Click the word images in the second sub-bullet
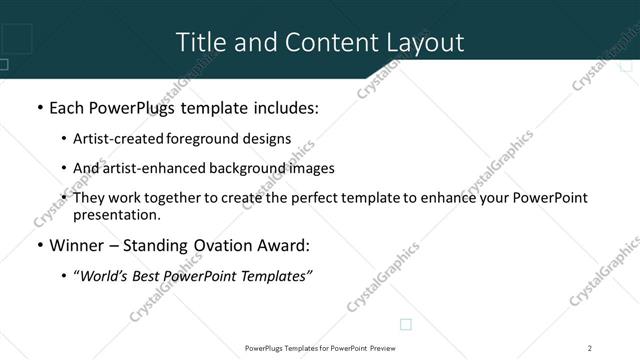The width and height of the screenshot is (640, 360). (309, 168)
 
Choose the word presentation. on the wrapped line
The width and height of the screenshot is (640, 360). (117, 215)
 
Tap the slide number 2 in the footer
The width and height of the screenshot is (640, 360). (590, 348)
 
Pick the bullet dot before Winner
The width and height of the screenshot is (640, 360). (39, 247)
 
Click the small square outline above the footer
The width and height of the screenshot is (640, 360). (406, 324)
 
